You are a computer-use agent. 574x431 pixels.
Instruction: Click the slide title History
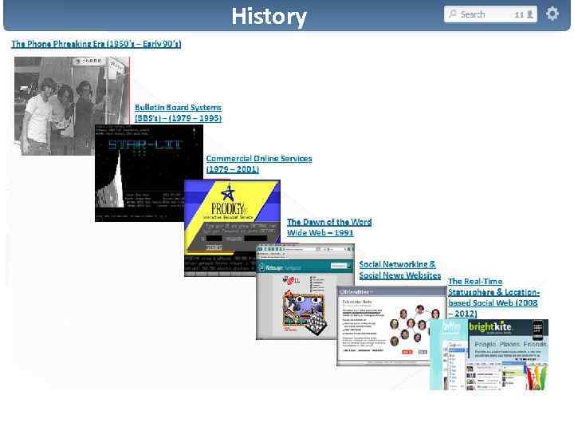[x=269, y=16]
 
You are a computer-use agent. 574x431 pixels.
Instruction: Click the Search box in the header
[x=478, y=14]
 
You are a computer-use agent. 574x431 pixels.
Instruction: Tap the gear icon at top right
[x=552, y=14]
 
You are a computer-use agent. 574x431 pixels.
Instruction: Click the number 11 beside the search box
[x=519, y=14]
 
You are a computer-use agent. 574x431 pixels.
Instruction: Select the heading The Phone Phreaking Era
[x=96, y=43]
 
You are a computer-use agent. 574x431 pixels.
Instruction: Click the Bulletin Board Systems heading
[x=178, y=113]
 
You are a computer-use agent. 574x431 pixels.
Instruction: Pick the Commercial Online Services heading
[x=258, y=164]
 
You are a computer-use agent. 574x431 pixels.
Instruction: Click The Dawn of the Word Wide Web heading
[x=328, y=227]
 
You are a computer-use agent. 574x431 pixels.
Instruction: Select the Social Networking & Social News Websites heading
[x=399, y=269]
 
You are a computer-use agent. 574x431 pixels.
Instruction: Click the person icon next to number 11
[x=530, y=14]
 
